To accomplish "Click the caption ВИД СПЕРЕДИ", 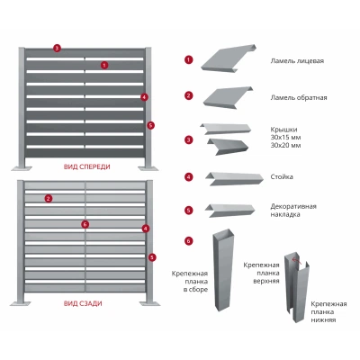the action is coord(87,166).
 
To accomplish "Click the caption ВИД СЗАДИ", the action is coord(83,303).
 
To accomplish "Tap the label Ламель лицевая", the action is coord(297,61).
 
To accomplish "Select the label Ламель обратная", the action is coord(299,97).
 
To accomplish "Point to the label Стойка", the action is coord(282,176).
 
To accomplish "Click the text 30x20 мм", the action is coord(285,146).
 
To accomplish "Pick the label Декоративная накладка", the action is coord(293,211).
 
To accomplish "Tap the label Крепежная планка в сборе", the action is coord(190,282).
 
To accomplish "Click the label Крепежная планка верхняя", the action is coord(261,273).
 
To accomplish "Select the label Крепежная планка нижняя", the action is coord(328,312).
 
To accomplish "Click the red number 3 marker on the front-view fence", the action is coord(57,48).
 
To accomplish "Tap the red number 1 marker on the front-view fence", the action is coord(104,65).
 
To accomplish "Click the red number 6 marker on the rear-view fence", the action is coord(85,224).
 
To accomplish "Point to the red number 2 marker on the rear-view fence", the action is coord(49,198).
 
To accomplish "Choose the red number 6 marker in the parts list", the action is coord(188,241).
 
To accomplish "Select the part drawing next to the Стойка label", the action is coord(234,179).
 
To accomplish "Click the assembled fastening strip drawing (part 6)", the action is coord(223,270).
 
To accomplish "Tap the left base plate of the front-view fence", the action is coord(22,168).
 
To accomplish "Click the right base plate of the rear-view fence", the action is coord(149,303).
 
